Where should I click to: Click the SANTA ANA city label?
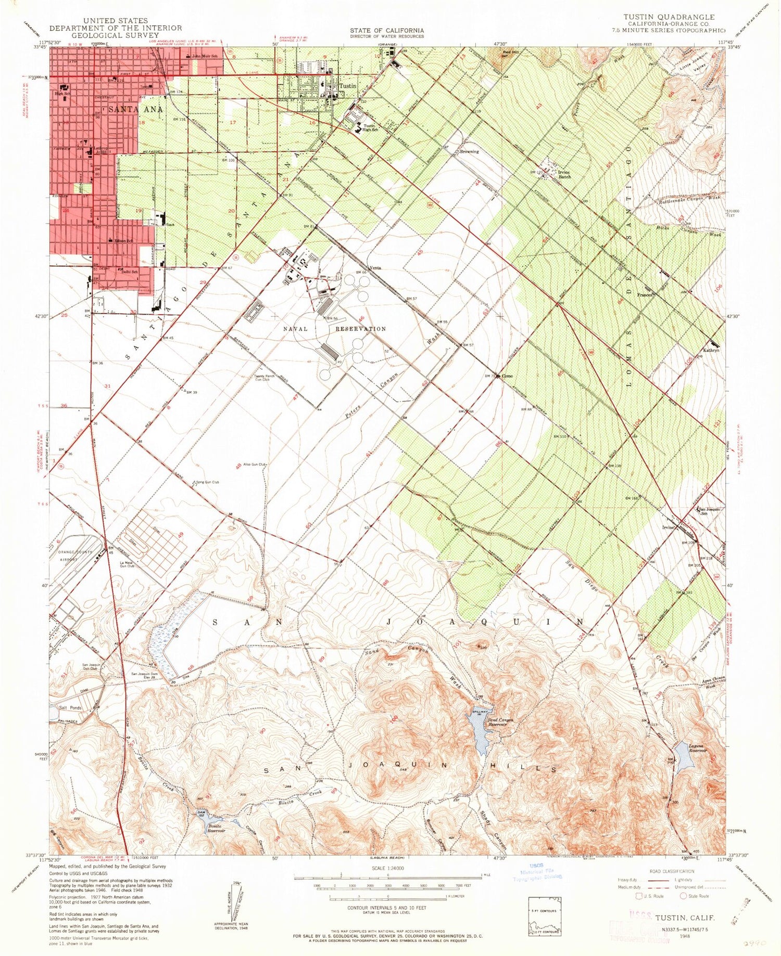click(x=135, y=109)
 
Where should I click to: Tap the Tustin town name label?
click(x=348, y=86)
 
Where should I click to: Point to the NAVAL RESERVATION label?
click(x=335, y=329)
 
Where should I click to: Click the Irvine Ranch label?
click(x=565, y=174)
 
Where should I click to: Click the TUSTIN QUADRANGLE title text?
click(x=669, y=17)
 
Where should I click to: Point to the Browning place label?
click(x=469, y=152)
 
